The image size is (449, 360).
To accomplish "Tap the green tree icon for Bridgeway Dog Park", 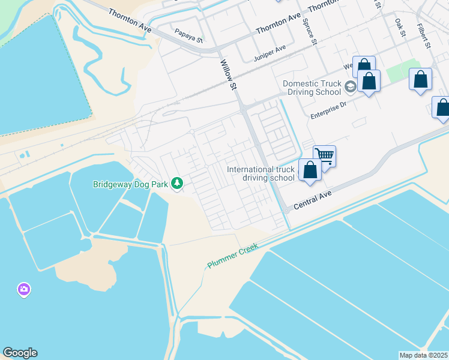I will click(177, 183).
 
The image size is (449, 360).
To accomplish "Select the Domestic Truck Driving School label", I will click(312, 88).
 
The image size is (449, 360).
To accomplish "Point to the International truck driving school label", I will click(261, 173).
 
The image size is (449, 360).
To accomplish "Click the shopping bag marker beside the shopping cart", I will click(310, 170).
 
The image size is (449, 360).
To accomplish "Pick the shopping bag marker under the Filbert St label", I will click(421, 80).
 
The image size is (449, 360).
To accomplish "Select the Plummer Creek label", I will click(232, 256).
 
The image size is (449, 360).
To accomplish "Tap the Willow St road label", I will click(229, 75).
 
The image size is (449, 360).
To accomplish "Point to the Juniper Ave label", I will click(271, 50).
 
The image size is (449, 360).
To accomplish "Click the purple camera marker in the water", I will click(24, 290).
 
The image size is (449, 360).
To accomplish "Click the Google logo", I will click(20, 353).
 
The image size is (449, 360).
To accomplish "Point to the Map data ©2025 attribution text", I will click(424, 355).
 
